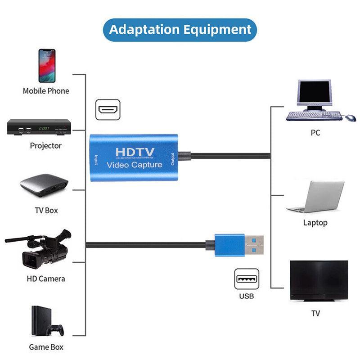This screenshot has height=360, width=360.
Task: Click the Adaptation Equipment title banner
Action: coord(180,30)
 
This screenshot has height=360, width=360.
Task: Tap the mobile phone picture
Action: coord(47,66)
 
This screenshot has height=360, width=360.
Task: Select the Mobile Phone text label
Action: coord(46,91)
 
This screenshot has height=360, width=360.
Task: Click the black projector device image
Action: coord(39,128)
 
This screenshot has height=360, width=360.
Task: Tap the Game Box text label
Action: coord(46,347)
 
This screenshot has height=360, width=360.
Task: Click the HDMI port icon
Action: coord(108,109)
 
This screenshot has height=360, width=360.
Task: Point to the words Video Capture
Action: coord(135,165)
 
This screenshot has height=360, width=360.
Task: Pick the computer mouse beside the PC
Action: coord(350,117)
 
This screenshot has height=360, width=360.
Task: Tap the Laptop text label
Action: coord(315,223)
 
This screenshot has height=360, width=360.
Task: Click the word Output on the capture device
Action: coord(172,159)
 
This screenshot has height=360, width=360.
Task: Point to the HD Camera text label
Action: coord(46,279)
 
